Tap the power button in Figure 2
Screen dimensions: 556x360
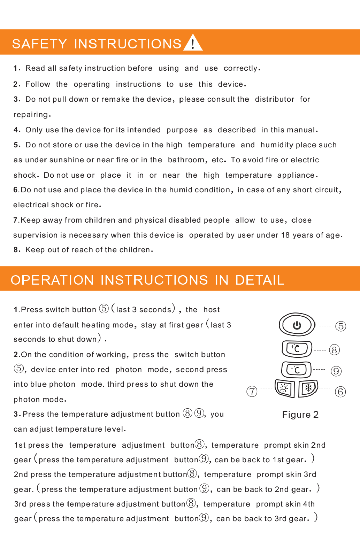[x=297, y=325]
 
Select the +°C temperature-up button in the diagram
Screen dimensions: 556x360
[x=297, y=349]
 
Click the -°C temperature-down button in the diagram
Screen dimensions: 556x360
[x=296, y=370]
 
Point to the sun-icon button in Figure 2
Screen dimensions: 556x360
[x=285, y=388]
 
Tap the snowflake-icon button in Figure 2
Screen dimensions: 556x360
[x=308, y=388]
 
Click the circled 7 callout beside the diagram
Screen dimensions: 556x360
[x=252, y=391]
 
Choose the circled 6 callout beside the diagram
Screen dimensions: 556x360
[x=340, y=392]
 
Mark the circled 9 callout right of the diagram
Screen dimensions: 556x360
[x=336, y=371]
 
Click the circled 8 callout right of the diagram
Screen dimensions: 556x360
[x=334, y=349]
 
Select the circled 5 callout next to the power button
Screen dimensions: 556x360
[x=340, y=326]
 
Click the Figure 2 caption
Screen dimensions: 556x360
[x=300, y=415]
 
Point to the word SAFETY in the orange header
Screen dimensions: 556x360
[x=39, y=44]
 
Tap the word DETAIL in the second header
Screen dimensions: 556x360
[x=260, y=280]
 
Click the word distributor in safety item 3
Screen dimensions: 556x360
[x=275, y=99]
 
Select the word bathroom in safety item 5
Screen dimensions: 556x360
[x=186, y=160]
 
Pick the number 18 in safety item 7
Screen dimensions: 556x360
[x=285, y=235]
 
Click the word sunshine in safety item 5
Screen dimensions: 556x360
[x=67, y=160]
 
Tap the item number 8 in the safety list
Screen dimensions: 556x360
[x=16, y=250]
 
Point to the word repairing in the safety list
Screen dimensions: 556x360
[x=31, y=115]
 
